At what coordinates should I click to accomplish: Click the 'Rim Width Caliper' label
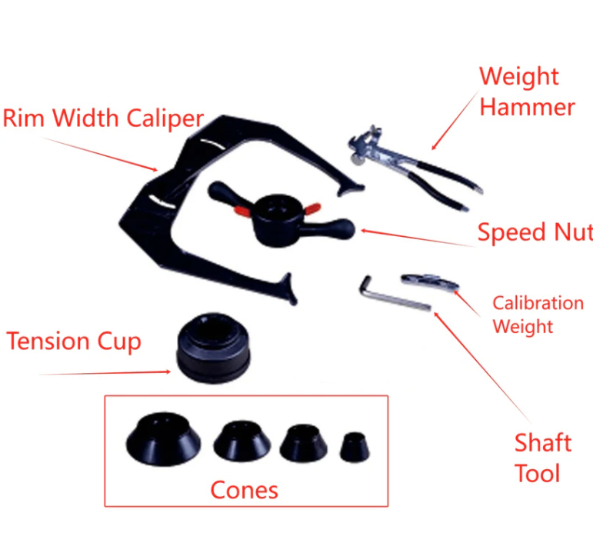tap(103, 118)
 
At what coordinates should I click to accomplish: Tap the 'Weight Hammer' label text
tap(527, 92)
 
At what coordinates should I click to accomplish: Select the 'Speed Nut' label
tap(535, 232)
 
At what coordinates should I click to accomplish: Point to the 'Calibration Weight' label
tap(538, 315)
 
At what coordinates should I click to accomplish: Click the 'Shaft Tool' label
tap(543, 458)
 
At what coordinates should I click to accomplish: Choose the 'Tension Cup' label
tap(74, 341)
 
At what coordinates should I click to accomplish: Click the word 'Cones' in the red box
tap(244, 490)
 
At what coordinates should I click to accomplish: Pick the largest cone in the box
tap(163, 439)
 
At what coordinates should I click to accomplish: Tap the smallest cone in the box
tap(355, 447)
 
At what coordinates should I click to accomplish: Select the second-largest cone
tap(242, 441)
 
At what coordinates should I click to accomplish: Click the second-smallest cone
tap(303, 443)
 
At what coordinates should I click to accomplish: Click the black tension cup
tap(213, 348)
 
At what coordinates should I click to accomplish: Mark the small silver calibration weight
tap(430, 281)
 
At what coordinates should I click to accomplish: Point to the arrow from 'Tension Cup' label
tap(105, 373)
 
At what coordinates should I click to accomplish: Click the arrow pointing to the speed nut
tap(418, 238)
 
